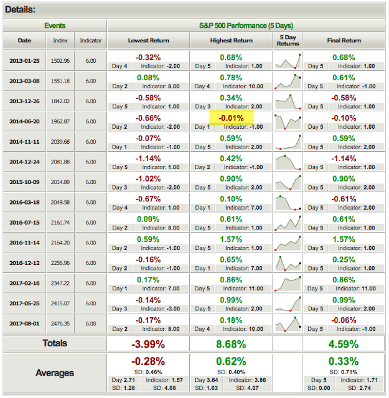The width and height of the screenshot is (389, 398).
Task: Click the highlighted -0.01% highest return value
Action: click(x=231, y=118)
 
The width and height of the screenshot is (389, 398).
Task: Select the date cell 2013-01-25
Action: click(x=24, y=61)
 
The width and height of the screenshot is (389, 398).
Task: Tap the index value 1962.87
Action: click(x=60, y=122)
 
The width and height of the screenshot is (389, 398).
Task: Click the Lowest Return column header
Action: click(x=148, y=40)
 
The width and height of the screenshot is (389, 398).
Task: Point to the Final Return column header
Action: click(x=344, y=40)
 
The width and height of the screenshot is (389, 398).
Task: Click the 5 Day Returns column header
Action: click(x=288, y=40)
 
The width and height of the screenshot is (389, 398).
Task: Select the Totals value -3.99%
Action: click(x=148, y=345)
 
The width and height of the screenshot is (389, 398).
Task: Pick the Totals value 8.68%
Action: click(x=231, y=345)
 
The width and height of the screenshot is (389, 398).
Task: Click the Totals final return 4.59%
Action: click(x=344, y=345)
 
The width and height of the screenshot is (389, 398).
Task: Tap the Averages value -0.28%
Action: click(x=148, y=361)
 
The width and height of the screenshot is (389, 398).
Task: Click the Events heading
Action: click(x=55, y=25)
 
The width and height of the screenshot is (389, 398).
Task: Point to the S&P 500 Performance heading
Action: click(x=246, y=25)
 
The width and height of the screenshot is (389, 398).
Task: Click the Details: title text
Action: click(x=20, y=10)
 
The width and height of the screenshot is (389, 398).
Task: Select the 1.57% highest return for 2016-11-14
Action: click(x=231, y=239)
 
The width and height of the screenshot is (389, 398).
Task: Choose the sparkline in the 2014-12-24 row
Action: click(x=288, y=162)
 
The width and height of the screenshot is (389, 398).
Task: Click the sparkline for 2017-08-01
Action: click(x=288, y=324)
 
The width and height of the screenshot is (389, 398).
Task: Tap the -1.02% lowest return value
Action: click(x=148, y=178)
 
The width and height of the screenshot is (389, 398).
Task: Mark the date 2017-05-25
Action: click(x=24, y=303)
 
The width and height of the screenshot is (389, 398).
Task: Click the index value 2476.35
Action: click(x=60, y=324)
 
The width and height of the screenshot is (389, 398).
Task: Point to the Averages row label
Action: click(x=55, y=373)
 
